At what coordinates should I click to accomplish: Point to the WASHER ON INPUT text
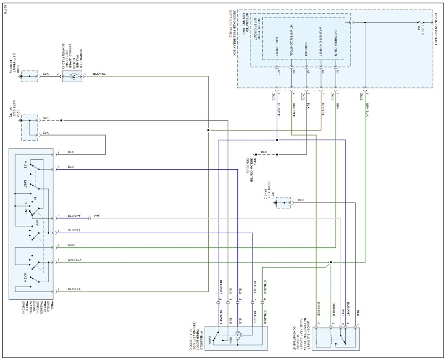click(x=321, y=39)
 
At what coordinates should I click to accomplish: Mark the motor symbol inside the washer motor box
click(x=73, y=77)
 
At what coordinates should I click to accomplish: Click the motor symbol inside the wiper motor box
click(x=238, y=335)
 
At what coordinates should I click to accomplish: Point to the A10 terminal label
click(x=279, y=72)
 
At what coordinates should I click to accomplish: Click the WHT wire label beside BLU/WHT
click(x=97, y=215)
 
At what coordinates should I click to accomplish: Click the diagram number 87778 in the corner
click(x=4, y=9)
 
